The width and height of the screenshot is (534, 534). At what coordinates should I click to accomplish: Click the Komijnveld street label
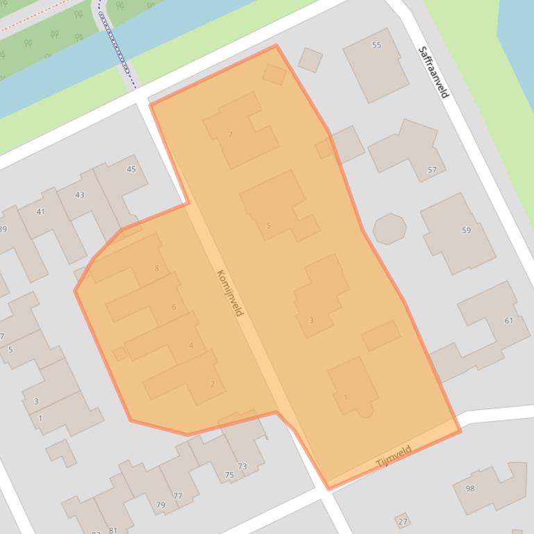coord(231,293)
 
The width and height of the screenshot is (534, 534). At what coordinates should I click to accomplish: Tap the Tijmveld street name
coord(394,456)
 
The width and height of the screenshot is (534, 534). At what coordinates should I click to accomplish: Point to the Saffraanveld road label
coord(434,72)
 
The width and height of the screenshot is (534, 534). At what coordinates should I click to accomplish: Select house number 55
coord(376,45)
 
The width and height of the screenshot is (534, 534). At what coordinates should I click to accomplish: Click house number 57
coord(433,170)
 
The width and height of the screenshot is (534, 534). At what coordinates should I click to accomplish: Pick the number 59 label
coord(466,230)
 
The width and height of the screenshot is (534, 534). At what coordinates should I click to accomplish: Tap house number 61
coord(509,320)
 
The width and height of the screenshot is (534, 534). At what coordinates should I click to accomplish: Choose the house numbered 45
coord(131,169)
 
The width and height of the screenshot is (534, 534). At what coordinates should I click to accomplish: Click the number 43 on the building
coord(79,195)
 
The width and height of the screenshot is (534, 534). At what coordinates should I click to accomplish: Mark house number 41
coord(40,212)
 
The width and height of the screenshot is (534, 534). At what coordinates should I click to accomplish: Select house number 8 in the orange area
coord(157,268)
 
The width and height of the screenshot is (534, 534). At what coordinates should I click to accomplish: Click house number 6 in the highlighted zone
coord(174,307)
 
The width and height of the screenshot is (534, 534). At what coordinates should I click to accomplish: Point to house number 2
coord(212,384)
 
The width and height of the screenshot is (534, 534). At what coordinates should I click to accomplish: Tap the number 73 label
coord(242,466)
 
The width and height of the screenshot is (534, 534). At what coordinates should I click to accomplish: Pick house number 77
coord(178,496)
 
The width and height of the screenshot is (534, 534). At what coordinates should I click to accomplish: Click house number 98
coord(470,488)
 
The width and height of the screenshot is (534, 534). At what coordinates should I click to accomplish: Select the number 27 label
coord(403,522)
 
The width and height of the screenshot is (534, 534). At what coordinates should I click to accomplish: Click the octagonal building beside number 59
coord(390,229)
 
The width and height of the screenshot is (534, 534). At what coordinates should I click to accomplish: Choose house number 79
coord(160,505)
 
